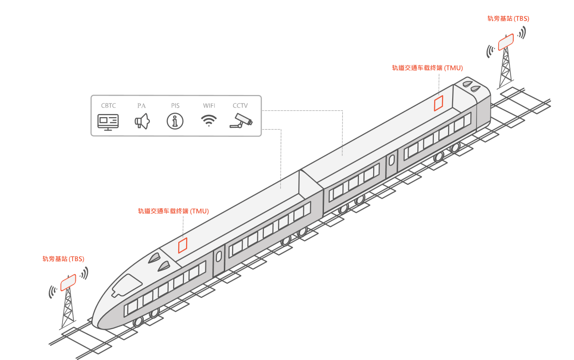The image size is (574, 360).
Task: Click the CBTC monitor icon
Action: point(108,122)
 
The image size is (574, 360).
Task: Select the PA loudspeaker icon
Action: point(142,121)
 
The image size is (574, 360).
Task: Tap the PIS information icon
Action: point(175,121)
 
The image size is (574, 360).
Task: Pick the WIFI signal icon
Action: point(209,120)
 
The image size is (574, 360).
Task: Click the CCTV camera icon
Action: point(241,121)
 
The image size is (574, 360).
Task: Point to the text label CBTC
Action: point(108,106)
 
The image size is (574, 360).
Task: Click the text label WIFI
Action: point(209,106)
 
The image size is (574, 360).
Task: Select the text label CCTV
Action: point(240,106)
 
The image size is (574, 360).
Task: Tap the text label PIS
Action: point(175,106)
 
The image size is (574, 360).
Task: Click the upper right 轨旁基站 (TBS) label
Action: point(508,18)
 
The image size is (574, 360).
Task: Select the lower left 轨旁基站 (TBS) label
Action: point(63,259)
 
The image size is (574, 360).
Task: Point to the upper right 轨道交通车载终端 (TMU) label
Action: point(427,68)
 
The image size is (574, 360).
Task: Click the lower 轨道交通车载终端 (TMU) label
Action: point(173,211)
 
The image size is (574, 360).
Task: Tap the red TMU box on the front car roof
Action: point(183,245)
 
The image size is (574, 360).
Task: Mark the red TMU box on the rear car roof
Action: point(438,103)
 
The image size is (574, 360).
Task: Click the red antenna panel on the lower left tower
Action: point(68,283)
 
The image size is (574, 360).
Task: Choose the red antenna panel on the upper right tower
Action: point(506,42)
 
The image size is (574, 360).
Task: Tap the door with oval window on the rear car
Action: point(392,164)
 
